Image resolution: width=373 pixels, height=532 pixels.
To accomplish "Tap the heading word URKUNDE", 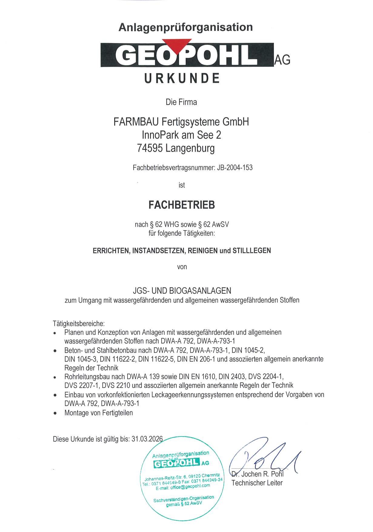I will pos(182,79).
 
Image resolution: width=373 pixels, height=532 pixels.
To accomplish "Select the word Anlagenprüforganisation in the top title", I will pos(185,27).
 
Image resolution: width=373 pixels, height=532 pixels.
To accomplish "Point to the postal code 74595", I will pos(150,148).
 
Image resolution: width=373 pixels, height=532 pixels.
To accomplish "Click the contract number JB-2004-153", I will pos(235,167).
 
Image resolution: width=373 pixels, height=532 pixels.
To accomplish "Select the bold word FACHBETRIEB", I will pos(182,205).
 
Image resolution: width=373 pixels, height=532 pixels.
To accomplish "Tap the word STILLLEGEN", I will pos(251,251).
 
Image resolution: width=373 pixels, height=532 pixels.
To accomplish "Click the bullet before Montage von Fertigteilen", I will pos(55,413).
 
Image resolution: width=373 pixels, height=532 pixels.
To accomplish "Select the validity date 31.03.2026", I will pos(147,439).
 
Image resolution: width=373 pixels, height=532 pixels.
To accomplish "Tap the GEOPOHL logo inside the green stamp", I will pos(176,463).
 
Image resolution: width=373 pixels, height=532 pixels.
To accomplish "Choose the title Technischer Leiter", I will pos(257,483).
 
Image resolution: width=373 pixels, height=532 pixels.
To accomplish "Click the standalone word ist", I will pos(182,185).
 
